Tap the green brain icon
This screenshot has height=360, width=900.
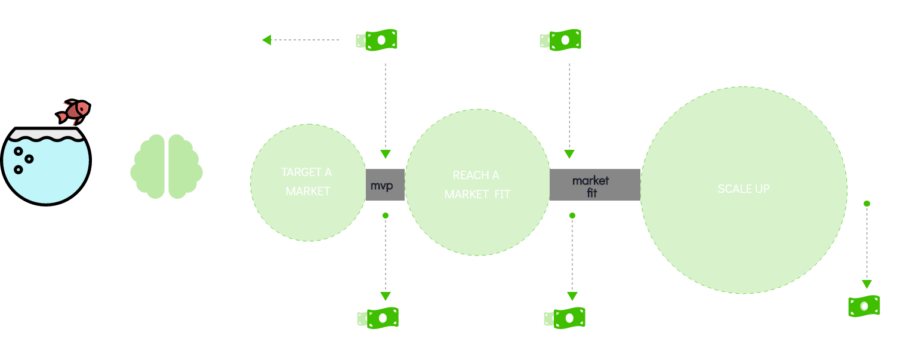(167, 166)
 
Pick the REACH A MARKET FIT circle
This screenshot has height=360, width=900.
(477, 184)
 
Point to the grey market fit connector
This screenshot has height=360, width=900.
(594, 185)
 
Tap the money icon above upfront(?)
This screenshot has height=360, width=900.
(377, 318)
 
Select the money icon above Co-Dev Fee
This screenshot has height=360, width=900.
(564, 318)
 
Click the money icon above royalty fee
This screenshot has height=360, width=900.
(864, 306)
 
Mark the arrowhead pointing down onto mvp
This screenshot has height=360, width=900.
(386, 154)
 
